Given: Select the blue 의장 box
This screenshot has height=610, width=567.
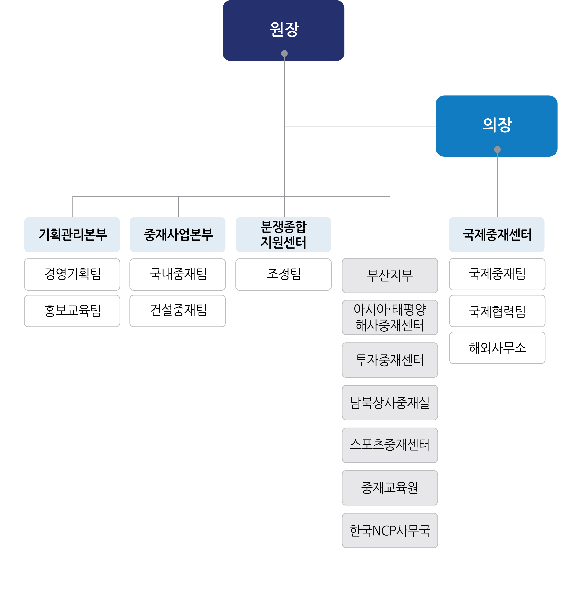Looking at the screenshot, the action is pyautogui.click(x=496, y=126).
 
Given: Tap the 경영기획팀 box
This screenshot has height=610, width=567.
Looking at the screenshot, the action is pyautogui.click(x=72, y=274).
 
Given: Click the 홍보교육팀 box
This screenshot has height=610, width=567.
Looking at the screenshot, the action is pyautogui.click(x=72, y=311).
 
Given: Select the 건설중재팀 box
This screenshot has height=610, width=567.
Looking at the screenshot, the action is pyautogui.click(x=178, y=311).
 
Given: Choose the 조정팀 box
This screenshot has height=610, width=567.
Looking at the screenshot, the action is pyautogui.click(x=284, y=274).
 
